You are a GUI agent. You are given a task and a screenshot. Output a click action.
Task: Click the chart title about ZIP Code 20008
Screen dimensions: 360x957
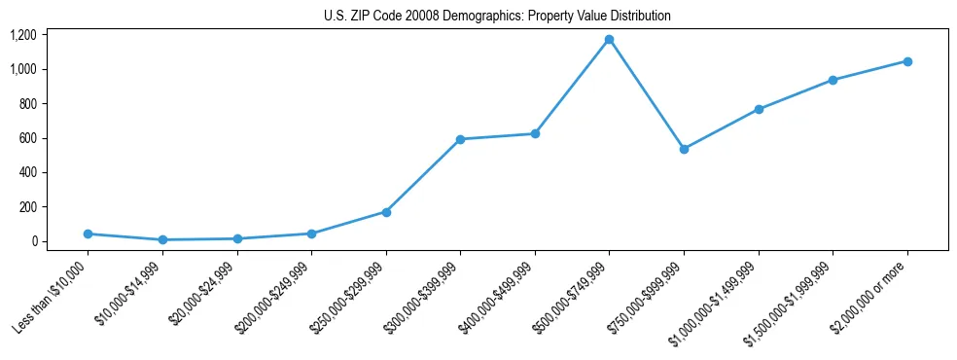point(497,17)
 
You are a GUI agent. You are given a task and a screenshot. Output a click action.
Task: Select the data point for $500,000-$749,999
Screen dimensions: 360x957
point(609,40)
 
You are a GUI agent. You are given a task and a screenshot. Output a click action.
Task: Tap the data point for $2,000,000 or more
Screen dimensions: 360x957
point(907,61)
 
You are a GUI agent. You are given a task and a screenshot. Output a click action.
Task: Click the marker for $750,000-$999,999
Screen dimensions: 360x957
point(684,149)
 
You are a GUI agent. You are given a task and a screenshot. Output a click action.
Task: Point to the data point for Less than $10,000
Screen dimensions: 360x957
point(88,234)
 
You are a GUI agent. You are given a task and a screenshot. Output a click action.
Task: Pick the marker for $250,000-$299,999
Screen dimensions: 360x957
point(386,211)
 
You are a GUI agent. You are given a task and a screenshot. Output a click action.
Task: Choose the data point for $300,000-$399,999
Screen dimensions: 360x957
point(460,139)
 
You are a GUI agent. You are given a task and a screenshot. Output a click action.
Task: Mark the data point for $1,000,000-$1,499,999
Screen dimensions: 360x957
point(759,109)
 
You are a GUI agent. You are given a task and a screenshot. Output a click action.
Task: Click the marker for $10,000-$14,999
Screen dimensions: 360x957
point(162,239)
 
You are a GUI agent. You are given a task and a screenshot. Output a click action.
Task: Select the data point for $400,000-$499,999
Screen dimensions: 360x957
point(535,133)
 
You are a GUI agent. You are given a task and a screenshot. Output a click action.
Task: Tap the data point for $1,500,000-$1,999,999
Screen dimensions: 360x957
point(833,80)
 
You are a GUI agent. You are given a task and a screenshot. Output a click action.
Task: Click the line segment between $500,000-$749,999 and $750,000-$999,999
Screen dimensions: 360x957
point(647,94)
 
